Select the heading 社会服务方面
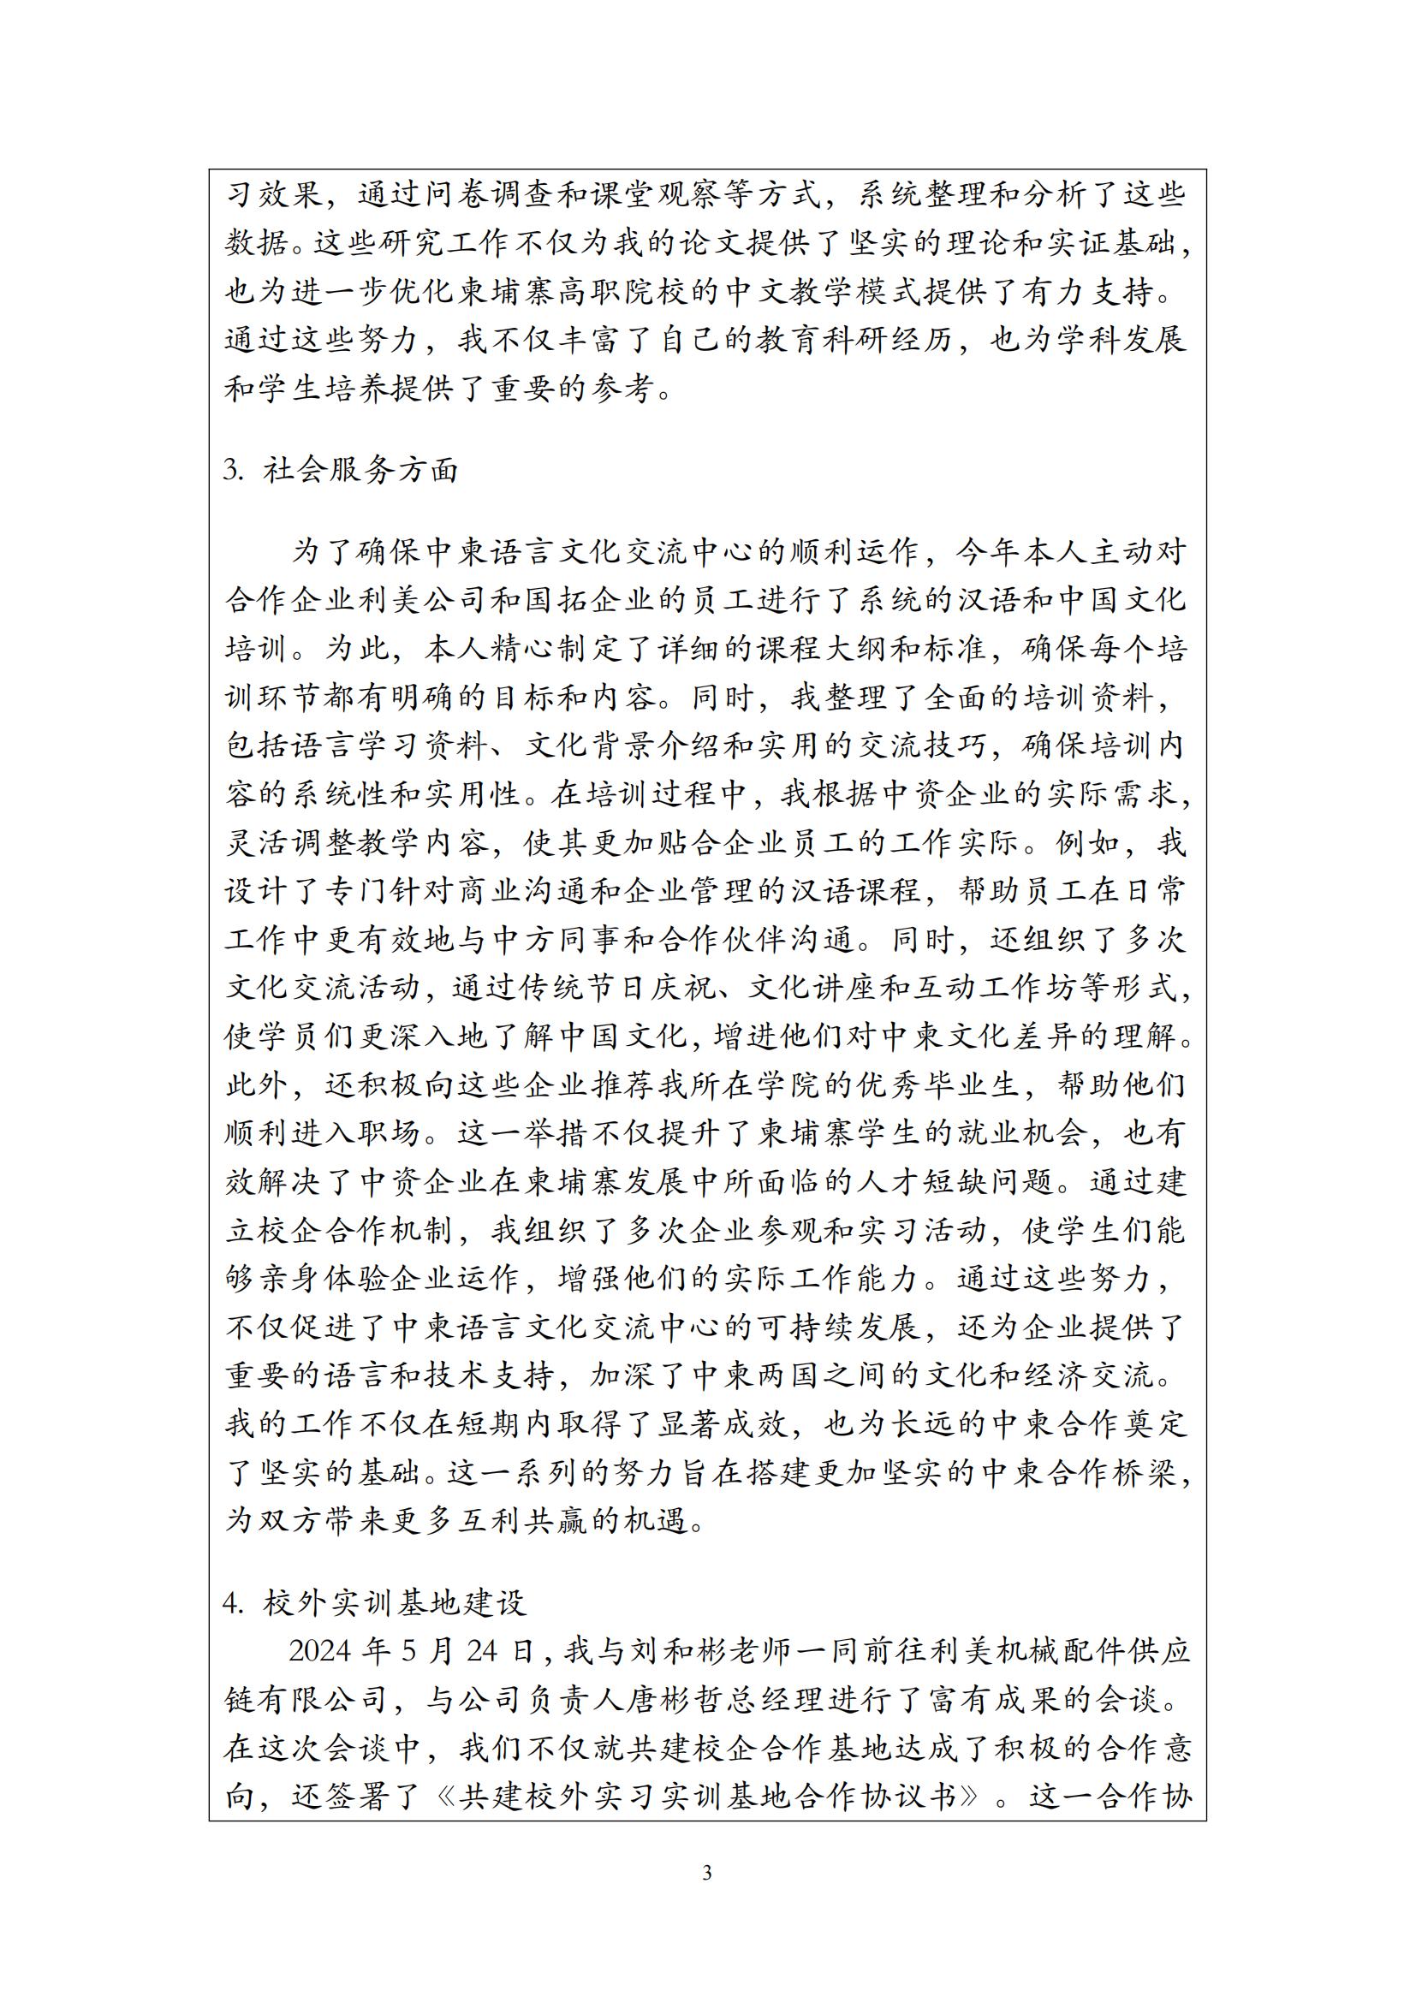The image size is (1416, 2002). tap(360, 471)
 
